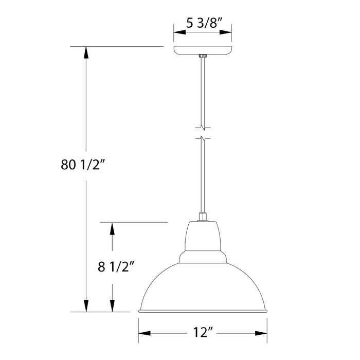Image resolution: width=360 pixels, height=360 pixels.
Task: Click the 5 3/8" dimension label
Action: click(202, 24)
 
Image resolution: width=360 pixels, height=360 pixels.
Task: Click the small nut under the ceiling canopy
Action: click(203, 57)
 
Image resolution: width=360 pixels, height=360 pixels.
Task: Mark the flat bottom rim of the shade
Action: click(203, 311)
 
